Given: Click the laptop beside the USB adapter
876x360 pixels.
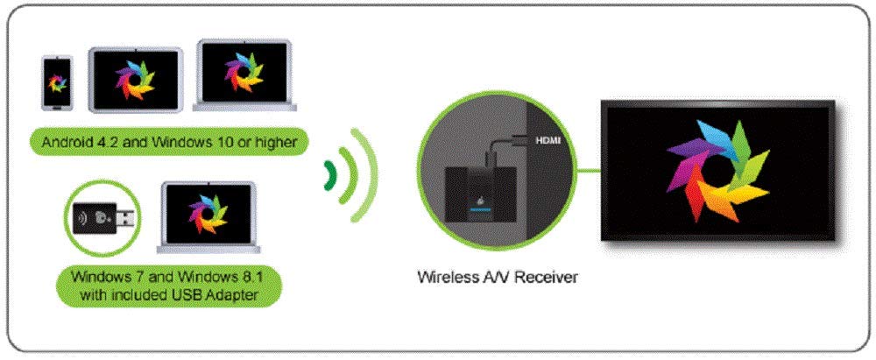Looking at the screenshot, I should [208, 215].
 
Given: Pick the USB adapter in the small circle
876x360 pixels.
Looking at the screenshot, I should [104, 217].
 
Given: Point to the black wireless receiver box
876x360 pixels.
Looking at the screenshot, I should [474, 194].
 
